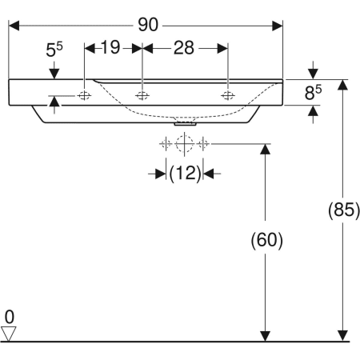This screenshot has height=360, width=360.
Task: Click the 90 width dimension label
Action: (146, 24)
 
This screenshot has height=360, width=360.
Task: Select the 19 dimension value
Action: (112, 48)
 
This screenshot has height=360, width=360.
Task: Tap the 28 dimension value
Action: (184, 48)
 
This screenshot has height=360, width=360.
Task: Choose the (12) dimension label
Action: (185, 172)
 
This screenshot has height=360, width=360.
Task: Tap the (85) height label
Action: (342, 212)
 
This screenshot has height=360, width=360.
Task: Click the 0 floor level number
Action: (10, 314)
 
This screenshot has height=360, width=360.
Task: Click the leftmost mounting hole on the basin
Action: (85, 96)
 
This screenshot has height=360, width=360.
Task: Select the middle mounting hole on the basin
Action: (142, 96)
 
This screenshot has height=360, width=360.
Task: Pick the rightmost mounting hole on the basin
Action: (228, 96)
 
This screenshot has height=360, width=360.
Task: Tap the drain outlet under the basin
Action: (185, 122)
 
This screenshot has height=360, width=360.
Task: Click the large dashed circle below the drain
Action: (185, 144)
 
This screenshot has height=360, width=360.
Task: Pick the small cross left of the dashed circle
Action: (166, 144)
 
